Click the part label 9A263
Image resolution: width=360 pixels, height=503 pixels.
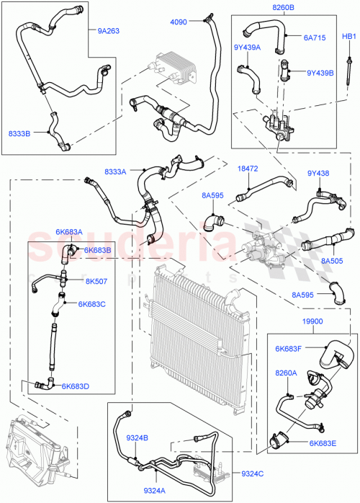[x=108, y=31]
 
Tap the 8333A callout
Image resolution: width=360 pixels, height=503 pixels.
[x=115, y=172]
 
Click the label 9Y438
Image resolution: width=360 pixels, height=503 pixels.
[x=318, y=174]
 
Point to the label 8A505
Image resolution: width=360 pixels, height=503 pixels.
[x=332, y=262]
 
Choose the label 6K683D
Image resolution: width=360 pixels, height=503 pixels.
[x=75, y=386]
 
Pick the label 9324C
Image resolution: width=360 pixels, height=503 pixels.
[x=252, y=473]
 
